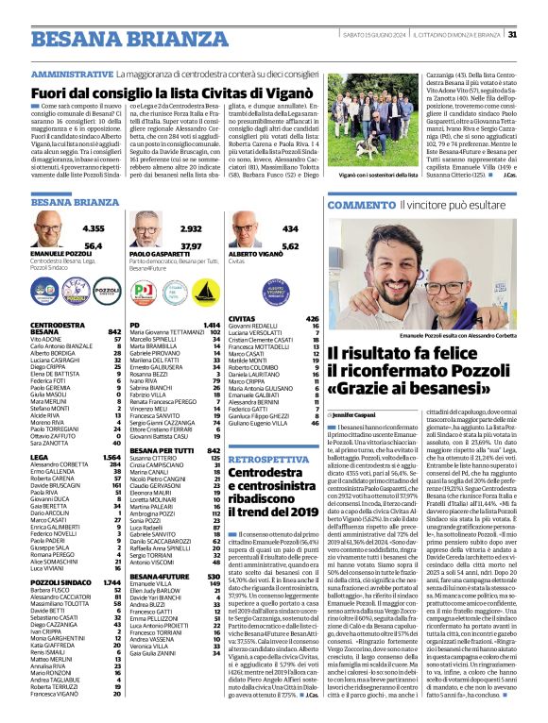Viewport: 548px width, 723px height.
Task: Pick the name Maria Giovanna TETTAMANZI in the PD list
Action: pos(165,331)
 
